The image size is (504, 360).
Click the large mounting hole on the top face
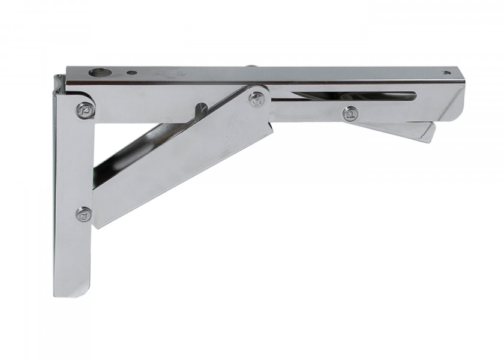click(100, 73)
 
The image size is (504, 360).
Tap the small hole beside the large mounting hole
click(132, 73)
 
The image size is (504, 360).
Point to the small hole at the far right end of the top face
click(446, 73)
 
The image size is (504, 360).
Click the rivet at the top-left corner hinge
click(85, 110)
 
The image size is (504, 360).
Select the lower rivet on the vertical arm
click(84, 214)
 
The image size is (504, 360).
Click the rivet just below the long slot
click(350, 113)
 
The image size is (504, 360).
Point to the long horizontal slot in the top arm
click(354, 95)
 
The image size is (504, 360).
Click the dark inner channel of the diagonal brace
click(132, 150)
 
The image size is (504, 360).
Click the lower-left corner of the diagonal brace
click(96, 225)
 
